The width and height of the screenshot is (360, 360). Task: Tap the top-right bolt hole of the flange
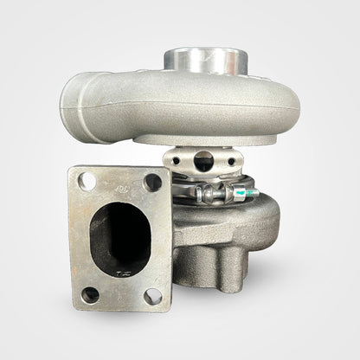pyautogui.click(x=152, y=181)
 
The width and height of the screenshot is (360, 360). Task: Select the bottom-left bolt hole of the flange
pyautogui.click(x=90, y=294)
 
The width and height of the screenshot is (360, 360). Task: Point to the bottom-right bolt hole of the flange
pyautogui.click(x=153, y=296)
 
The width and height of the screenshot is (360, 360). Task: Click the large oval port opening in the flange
pyautogui.click(x=121, y=236)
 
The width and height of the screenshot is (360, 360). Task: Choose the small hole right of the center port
pyautogui.click(x=232, y=161)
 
